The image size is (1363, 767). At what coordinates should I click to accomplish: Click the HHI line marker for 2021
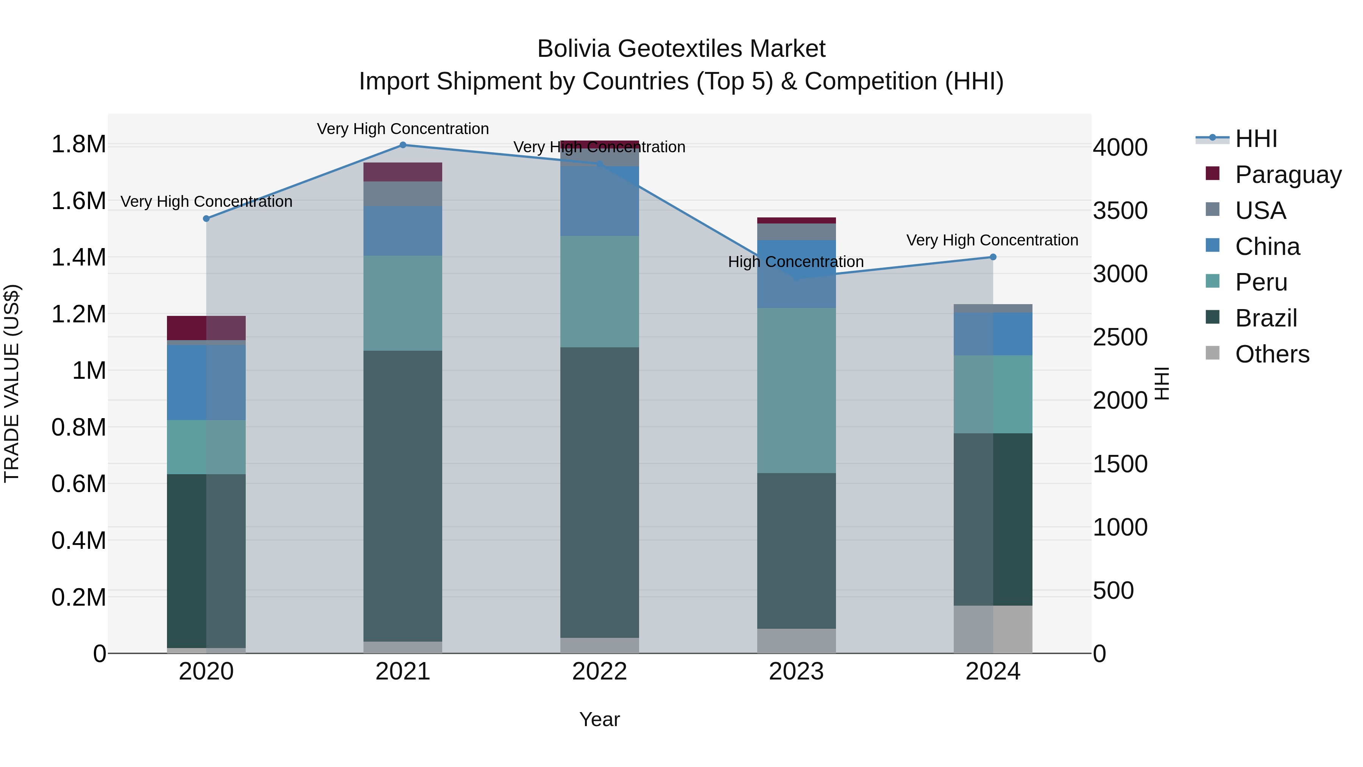pyautogui.click(x=403, y=145)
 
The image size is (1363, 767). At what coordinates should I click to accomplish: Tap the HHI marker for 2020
pyautogui.click(x=206, y=219)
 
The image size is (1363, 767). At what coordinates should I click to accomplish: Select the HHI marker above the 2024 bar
pyautogui.click(x=993, y=257)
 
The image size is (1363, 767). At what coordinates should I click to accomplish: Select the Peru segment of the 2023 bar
pyautogui.click(x=796, y=390)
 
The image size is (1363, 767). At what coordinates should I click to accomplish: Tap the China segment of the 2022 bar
pyautogui.click(x=599, y=201)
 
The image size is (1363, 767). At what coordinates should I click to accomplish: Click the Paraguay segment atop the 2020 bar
pyautogui.click(x=206, y=328)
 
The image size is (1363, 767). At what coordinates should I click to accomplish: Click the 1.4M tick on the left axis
pyautogui.click(x=78, y=258)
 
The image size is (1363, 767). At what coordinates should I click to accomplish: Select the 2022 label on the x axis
pyautogui.click(x=599, y=672)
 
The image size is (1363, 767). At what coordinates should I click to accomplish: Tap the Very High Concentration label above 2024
pyautogui.click(x=992, y=240)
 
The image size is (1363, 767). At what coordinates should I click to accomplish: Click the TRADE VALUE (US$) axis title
pyautogui.click(x=12, y=383)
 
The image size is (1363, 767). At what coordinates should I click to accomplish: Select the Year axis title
pyautogui.click(x=599, y=719)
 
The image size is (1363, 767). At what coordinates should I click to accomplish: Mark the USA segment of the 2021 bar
pyautogui.click(x=403, y=194)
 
